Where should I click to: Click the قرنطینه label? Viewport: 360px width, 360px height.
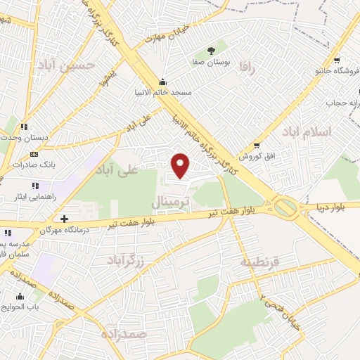point(260,262)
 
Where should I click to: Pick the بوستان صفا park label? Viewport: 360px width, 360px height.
point(212,62)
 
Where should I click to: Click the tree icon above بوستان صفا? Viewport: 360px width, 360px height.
point(212,49)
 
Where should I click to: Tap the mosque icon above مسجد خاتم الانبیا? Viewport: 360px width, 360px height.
point(164,80)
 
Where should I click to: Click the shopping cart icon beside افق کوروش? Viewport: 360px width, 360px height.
point(257,145)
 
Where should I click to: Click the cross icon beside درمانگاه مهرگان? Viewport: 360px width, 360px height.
point(65,219)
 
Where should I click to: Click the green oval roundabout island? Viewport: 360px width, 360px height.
point(285,207)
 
